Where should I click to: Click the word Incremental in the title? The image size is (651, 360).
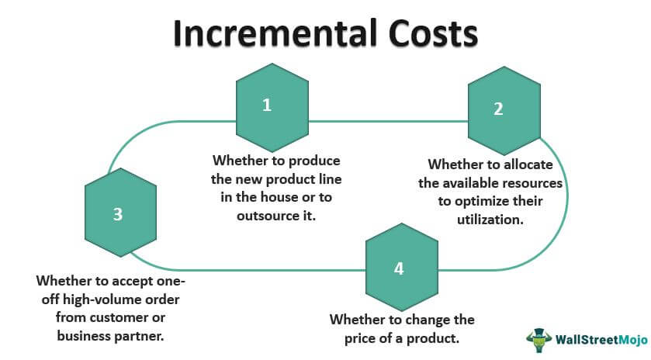(x=276, y=33)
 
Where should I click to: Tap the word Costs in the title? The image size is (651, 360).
(x=434, y=33)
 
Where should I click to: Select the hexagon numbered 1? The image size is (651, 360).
(x=272, y=108)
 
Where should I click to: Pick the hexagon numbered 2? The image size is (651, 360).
(x=504, y=110)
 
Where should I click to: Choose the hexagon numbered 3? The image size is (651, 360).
(x=120, y=213)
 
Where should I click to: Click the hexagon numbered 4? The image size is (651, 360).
(x=401, y=267)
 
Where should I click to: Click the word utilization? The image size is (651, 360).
(x=490, y=220)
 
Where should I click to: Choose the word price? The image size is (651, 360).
(x=362, y=338)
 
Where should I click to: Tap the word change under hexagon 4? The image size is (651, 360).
(x=425, y=320)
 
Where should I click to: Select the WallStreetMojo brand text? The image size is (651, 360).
(x=601, y=340)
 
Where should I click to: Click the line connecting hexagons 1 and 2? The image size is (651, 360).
(x=388, y=122)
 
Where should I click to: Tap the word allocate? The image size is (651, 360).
(x=528, y=164)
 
